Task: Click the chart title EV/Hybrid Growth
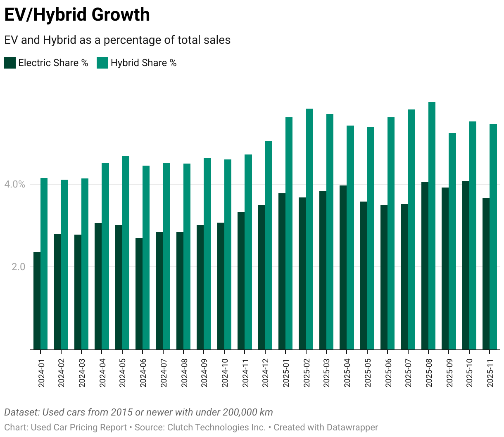click(77, 15)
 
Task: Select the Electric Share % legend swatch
click(10, 63)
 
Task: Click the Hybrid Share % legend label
click(143, 63)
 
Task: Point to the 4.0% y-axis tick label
click(15, 184)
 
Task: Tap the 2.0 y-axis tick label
click(19, 267)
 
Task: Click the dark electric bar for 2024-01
click(37, 301)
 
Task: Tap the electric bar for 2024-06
click(139, 294)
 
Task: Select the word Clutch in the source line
click(181, 427)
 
